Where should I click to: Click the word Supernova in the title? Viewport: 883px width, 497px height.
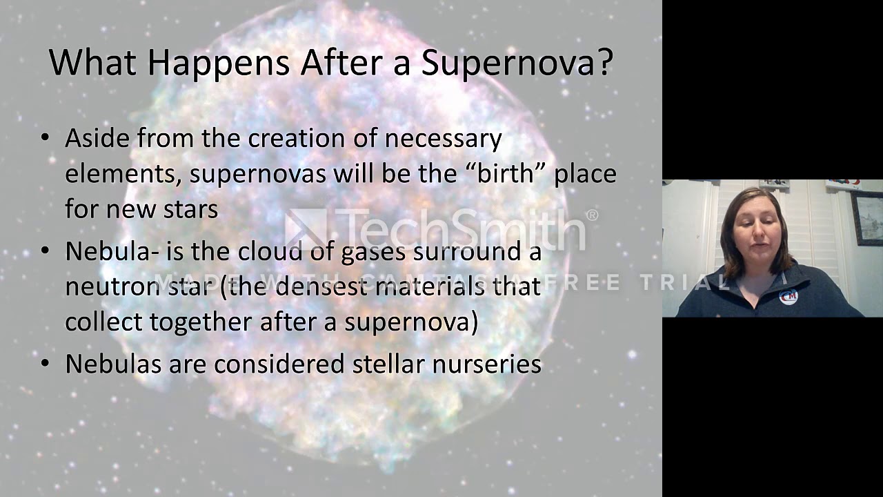tap(509, 63)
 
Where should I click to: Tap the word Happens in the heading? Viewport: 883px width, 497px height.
tap(218, 63)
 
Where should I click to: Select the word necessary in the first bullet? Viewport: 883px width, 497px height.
tap(443, 139)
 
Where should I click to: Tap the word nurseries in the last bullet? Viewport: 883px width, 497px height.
tap(486, 364)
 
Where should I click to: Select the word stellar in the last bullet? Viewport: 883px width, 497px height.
tap(388, 364)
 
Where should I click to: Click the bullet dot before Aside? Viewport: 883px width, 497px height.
tap(46, 137)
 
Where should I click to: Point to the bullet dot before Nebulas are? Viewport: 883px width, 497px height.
tap(46, 363)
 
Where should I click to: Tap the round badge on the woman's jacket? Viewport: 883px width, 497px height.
tap(787, 296)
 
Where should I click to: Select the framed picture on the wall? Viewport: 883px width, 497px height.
tap(866, 217)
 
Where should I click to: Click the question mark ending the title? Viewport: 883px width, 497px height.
tap(605, 63)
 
